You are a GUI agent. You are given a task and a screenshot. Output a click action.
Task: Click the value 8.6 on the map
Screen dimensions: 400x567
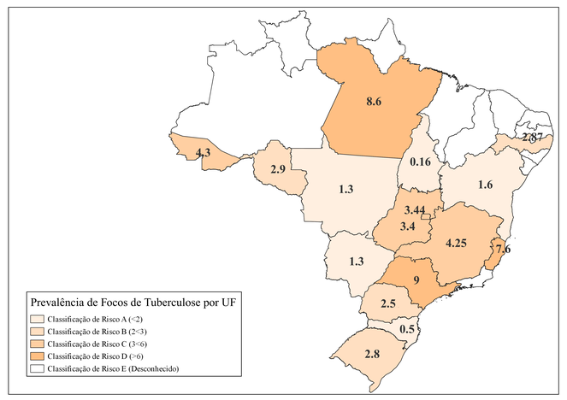(x=373, y=101)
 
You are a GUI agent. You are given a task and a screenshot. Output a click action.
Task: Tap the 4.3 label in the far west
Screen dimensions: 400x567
(x=204, y=152)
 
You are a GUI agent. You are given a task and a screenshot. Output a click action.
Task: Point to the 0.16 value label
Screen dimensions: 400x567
(x=419, y=162)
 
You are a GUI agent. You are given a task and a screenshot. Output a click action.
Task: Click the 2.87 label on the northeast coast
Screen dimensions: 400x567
(x=532, y=138)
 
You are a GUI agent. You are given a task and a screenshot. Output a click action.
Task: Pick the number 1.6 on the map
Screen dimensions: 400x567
(x=485, y=185)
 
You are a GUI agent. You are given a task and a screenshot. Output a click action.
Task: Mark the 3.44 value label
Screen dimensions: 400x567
(x=416, y=209)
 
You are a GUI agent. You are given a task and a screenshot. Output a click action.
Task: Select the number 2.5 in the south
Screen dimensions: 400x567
(x=387, y=304)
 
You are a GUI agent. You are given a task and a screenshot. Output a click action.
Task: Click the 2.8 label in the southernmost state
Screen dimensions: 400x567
(x=372, y=354)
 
